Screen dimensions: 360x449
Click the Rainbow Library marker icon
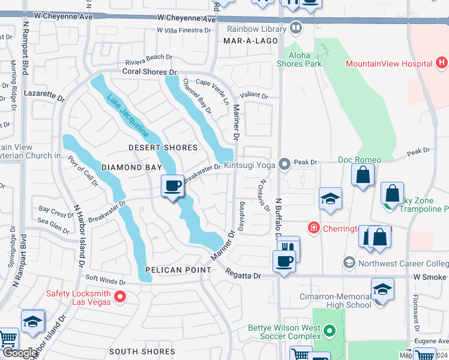295,28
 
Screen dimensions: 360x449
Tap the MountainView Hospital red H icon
442,62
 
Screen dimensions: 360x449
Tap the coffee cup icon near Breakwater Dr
173,185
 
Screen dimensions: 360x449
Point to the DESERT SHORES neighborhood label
163,148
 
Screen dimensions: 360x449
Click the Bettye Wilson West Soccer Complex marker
329,331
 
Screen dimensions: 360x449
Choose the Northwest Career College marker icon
349,263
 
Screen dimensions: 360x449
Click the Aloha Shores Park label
299,59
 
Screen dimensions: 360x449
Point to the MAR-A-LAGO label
250,41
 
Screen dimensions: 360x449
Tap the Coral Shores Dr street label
149,72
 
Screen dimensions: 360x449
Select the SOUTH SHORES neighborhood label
142,352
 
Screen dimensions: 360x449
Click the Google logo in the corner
19,353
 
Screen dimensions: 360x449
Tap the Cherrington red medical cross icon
313,227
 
